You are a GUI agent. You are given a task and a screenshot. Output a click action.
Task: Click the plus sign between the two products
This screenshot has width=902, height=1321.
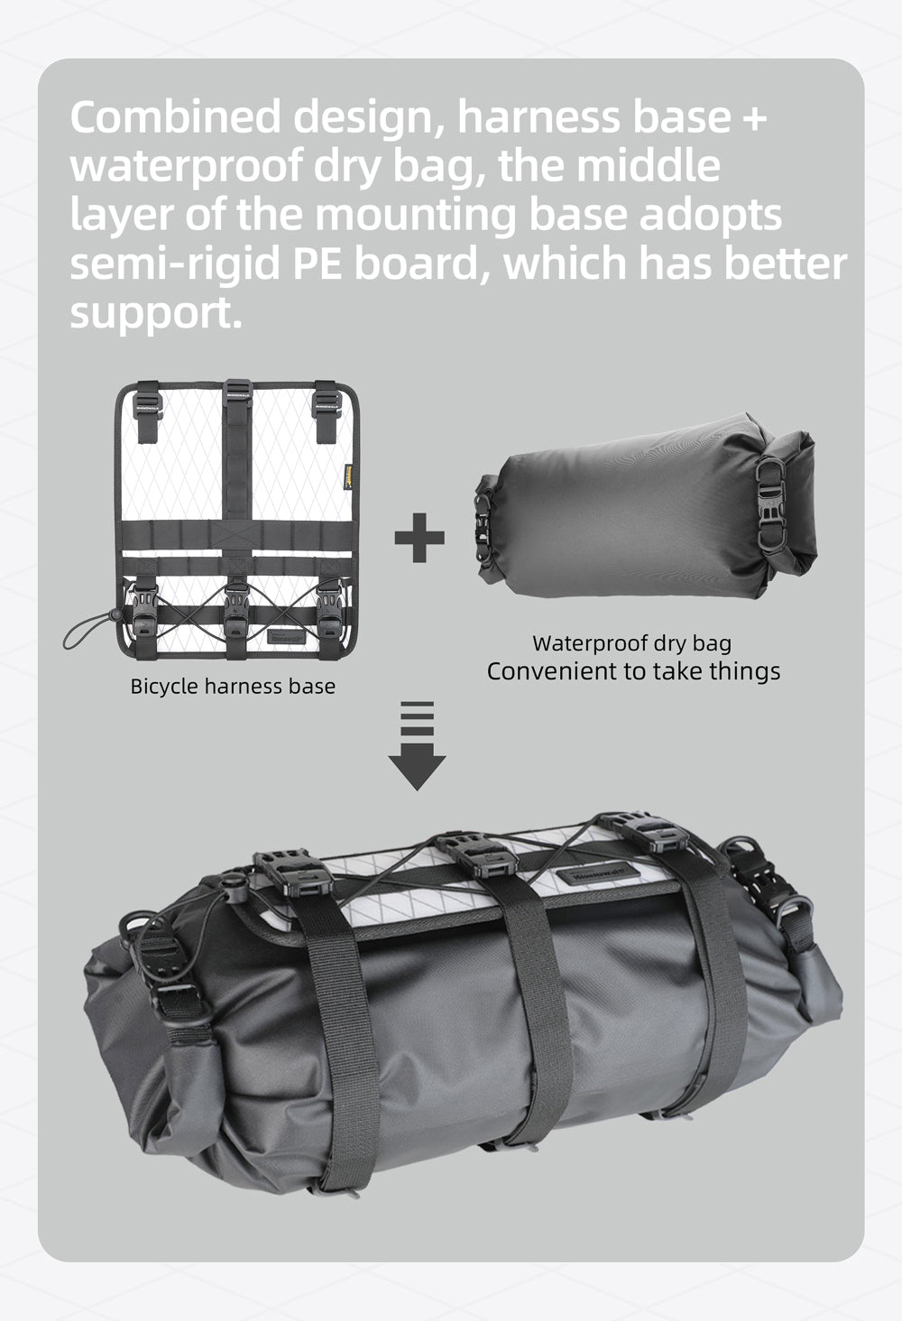tap(419, 538)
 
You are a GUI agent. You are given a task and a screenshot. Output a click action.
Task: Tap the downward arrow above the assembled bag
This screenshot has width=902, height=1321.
tap(417, 745)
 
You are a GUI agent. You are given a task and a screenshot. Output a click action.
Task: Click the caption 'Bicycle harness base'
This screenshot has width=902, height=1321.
tap(233, 686)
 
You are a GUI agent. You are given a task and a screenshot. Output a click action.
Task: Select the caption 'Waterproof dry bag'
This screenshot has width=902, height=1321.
tap(631, 643)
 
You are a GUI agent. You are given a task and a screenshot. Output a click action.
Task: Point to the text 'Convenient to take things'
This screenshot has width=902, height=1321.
tap(633, 671)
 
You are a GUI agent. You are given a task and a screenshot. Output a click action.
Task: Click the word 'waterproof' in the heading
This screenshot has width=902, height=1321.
tap(185, 167)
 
